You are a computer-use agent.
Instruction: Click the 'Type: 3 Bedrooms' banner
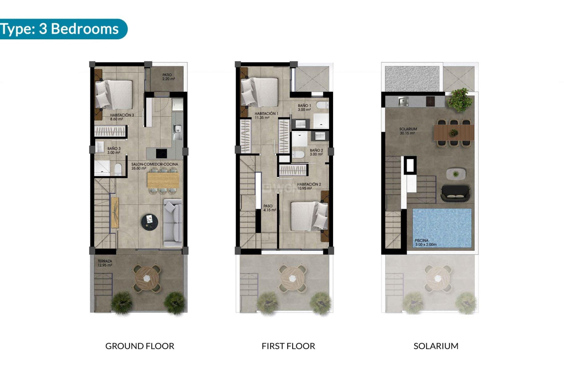[x=60, y=29]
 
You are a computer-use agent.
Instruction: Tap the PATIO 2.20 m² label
[x=169, y=77]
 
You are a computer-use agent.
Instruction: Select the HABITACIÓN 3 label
[x=122, y=117]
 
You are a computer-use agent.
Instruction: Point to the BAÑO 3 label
[x=114, y=150]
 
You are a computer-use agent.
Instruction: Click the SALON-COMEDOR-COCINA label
[x=155, y=166]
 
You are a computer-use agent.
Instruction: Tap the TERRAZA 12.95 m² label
[x=105, y=263]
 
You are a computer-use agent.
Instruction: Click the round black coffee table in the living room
[x=150, y=221]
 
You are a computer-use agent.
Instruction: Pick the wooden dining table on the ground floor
[x=163, y=180]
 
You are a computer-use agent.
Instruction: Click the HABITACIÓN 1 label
[x=266, y=115]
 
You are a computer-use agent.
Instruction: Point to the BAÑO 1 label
[x=304, y=108]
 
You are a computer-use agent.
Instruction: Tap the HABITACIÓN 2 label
[x=309, y=186]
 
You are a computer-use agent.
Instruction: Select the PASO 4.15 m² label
[x=269, y=208]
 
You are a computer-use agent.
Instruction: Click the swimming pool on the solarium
[x=442, y=226]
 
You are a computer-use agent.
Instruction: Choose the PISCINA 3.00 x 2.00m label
[x=425, y=242]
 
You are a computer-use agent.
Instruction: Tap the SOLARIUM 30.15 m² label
[x=408, y=131]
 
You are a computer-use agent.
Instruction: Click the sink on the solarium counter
[x=403, y=102]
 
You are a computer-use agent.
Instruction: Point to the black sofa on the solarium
[x=455, y=193]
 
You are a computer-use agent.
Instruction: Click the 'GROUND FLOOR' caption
[x=140, y=346]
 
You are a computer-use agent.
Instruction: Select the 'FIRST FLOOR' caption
[x=288, y=346]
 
